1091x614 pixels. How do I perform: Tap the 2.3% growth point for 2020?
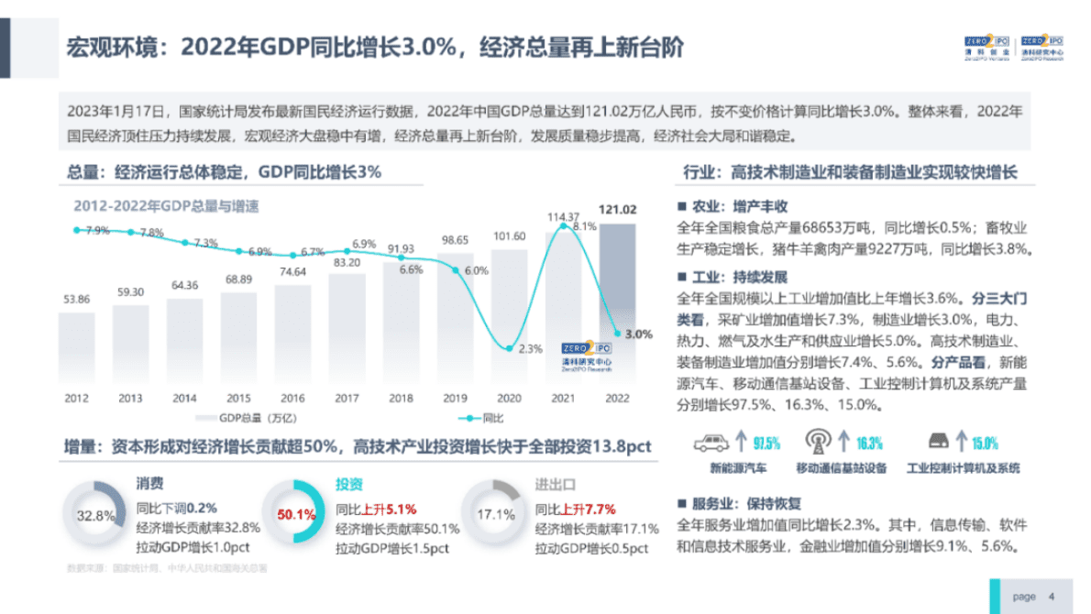coord(509,347)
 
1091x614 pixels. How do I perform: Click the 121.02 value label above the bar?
coord(617,209)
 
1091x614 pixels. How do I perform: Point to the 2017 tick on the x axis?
coord(346,399)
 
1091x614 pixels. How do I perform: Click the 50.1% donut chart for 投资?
coord(295,514)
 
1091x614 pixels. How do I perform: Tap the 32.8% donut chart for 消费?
coord(95,514)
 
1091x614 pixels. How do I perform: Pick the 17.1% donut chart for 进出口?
coord(495,514)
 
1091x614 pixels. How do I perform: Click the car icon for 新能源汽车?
coord(711,443)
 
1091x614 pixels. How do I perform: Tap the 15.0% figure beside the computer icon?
coord(985,444)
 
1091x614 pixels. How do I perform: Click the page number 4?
coord(1051,597)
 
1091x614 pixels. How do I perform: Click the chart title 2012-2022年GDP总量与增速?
coord(166,206)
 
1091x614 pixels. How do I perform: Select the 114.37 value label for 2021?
coord(563,216)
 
